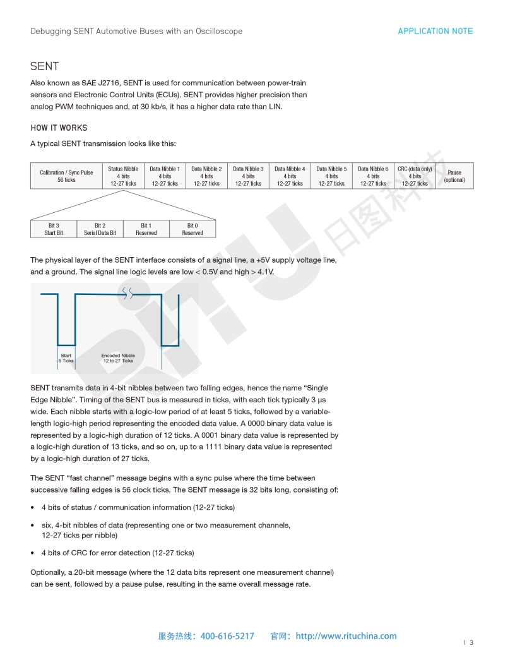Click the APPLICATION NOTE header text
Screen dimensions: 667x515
point(435,31)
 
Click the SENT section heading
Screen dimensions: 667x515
point(45,66)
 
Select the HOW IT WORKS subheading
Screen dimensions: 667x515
point(59,128)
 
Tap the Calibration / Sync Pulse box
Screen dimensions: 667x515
point(66,176)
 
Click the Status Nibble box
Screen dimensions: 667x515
point(123,176)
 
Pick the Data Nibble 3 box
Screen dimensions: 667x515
point(248,176)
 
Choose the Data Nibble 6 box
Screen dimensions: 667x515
point(373,176)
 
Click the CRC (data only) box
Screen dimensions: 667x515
point(415,176)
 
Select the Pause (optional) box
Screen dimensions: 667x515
point(454,176)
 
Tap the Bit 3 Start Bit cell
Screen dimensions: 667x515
point(54,229)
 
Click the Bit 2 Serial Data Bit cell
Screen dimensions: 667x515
point(100,229)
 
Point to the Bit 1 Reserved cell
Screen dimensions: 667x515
point(146,229)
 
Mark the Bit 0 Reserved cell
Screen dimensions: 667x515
point(192,229)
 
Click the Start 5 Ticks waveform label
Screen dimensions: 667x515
point(66,358)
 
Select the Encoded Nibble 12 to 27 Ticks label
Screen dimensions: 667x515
point(118,358)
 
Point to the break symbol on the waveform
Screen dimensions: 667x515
point(127,292)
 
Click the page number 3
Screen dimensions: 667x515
point(471,643)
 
